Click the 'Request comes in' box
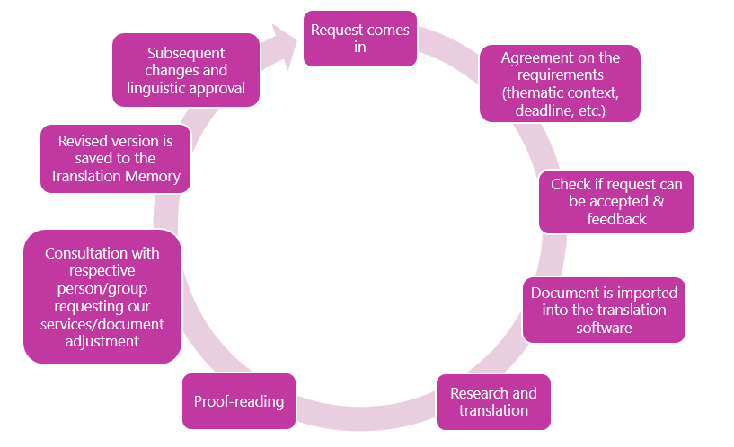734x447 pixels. [360, 39]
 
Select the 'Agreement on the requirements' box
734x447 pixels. [560, 83]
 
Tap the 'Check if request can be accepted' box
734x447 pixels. [616, 202]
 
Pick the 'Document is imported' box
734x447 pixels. [604, 310]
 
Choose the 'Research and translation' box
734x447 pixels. [493, 401]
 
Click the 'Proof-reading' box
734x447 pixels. [239, 401]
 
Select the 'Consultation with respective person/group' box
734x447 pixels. [102, 297]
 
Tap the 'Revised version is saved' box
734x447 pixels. [115, 159]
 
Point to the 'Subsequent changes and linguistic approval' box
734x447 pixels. [186, 70]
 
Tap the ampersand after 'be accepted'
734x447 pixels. [659, 201]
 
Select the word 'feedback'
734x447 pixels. [616, 219]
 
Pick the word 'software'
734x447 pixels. [604, 328]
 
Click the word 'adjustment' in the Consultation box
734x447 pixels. [102, 341]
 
